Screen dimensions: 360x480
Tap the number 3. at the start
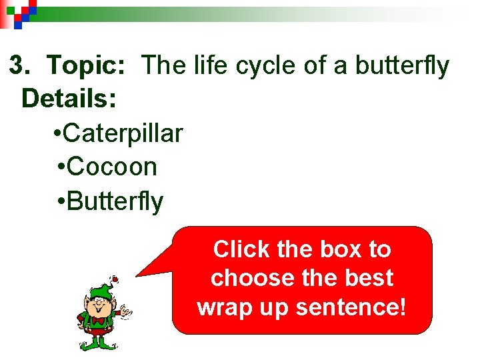pyautogui.click(x=20, y=66)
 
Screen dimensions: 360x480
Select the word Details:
pyautogui.click(x=69, y=99)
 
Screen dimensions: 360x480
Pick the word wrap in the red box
pyautogui.click(x=223, y=307)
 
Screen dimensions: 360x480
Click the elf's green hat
pyautogui.click(x=101, y=290)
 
